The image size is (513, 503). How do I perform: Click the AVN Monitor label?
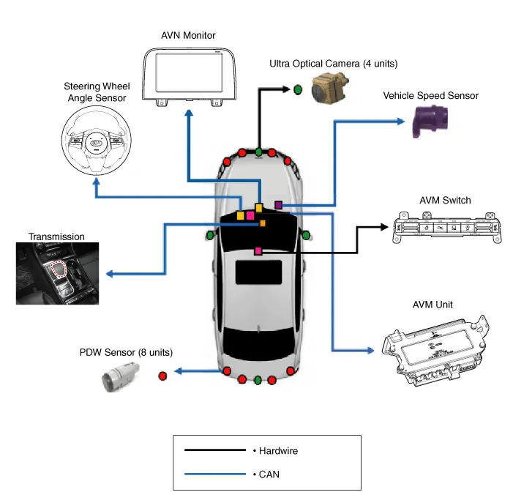click(x=188, y=35)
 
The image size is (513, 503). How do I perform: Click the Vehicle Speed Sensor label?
click(x=430, y=95)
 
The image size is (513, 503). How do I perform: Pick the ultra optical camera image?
click(x=332, y=89)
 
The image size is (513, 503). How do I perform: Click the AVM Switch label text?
click(x=445, y=201)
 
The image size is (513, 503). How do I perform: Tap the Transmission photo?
click(x=58, y=273)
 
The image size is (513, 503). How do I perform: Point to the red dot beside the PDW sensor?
click(x=162, y=376)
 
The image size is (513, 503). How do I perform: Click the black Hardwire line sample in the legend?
click(x=214, y=450)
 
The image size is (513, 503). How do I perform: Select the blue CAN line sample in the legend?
click(x=214, y=474)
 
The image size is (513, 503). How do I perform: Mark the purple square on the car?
click(x=278, y=205)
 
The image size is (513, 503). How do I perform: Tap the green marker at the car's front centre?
click(x=259, y=153)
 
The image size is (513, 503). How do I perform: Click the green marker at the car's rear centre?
click(x=258, y=379)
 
